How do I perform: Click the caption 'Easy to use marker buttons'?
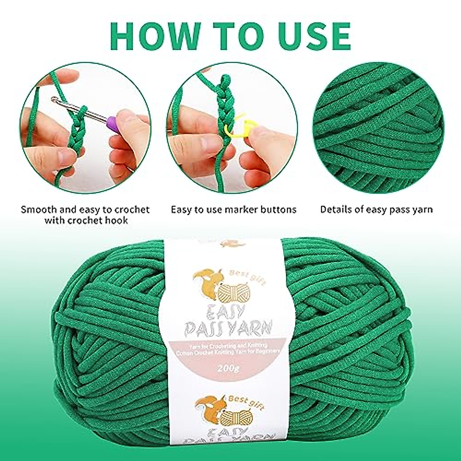tap(234, 209)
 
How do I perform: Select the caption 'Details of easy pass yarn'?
tap(376, 209)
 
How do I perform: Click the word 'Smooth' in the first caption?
tap(38, 209)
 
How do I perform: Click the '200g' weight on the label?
tap(226, 368)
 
